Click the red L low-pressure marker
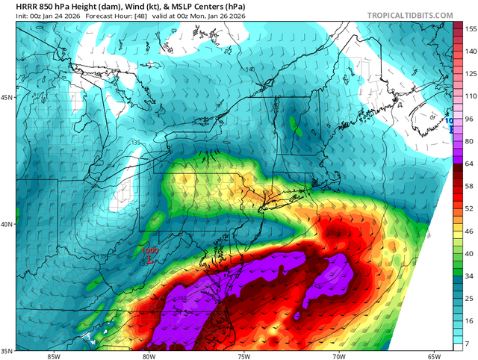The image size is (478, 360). click(x=150, y=260)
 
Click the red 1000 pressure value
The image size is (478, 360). click(x=150, y=252)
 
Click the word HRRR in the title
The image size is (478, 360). click(x=16, y=5)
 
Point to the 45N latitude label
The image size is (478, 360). click(x=7, y=98)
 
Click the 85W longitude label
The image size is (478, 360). click(x=52, y=356)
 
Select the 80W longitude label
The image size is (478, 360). click(x=148, y=356)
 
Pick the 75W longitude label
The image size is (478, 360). click(x=243, y=356)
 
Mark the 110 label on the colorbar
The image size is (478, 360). click(x=471, y=96)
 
